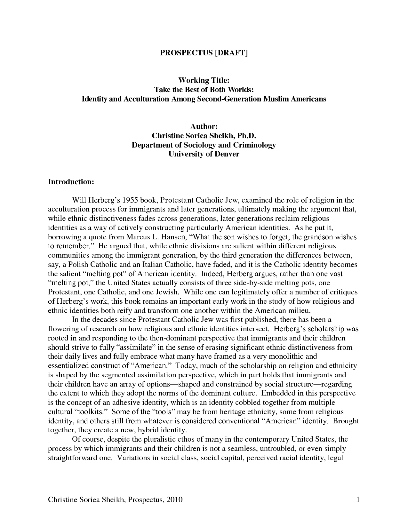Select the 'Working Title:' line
click(x=204, y=80)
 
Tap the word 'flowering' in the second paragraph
click(x=61, y=329)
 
